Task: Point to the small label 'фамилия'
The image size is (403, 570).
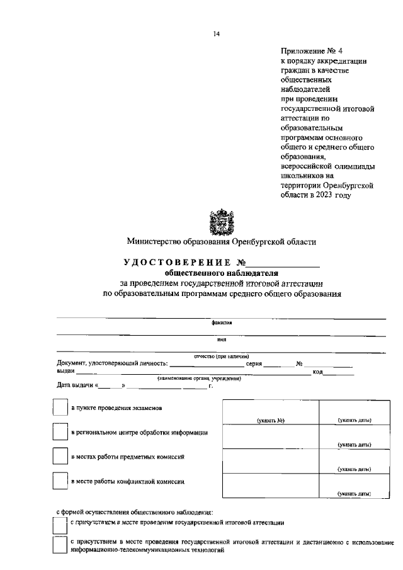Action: tap(222, 322)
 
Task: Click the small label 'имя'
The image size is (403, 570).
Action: tap(222, 339)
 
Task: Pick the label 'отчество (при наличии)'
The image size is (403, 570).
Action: tap(222, 355)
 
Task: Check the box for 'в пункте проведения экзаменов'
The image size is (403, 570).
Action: tap(59, 408)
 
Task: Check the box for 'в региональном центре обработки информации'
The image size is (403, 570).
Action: tap(59, 433)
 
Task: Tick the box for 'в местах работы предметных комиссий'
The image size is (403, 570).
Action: tap(59, 457)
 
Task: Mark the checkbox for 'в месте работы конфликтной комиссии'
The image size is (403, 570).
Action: tap(59, 482)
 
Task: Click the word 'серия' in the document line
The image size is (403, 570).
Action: tap(254, 363)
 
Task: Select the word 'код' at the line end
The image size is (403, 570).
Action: tap(317, 372)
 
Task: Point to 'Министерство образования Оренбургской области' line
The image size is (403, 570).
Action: tap(221, 241)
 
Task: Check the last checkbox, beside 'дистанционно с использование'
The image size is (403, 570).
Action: tap(59, 545)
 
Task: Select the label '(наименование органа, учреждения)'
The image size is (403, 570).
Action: tap(199, 378)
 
